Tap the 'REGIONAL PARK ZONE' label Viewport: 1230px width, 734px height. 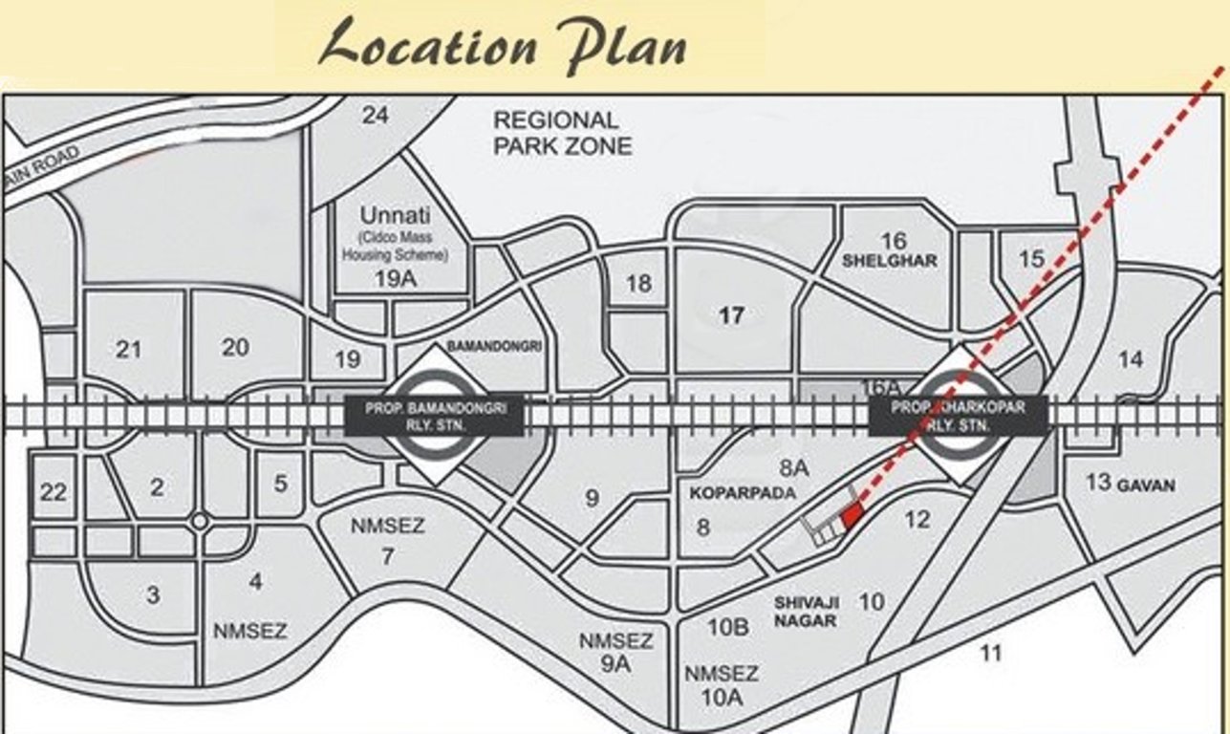click(x=562, y=133)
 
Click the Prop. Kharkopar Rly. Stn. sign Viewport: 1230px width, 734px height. click(x=959, y=415)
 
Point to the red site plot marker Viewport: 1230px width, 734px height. click(x=852, y=516)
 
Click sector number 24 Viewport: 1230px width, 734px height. click(x=377, y=116)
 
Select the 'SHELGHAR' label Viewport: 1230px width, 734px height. click(x=891, y=260)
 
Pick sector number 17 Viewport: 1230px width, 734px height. click(x=731, y=314)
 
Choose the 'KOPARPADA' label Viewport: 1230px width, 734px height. click(x=730, y=494)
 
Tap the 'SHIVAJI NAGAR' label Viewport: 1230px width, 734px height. click(x=808, y=611)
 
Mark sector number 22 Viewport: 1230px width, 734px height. click(x=54, y=493)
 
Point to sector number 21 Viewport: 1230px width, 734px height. click(x=128, y=350)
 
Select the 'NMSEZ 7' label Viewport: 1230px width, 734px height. click(x=387, y=540)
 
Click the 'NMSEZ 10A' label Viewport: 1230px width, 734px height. click(x=722, y=685)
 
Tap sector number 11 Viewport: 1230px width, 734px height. click(x=991, y=654)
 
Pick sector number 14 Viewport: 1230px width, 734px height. click(x=1130, y=359)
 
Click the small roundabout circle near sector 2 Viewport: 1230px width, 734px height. click(x=199, y=522)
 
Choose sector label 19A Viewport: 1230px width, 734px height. click(x=394, y=279)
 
